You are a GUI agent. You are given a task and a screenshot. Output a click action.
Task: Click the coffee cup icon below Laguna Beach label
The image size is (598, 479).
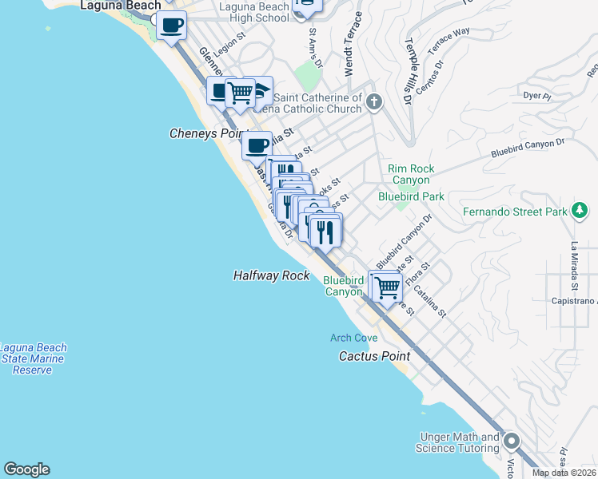coord(171,26)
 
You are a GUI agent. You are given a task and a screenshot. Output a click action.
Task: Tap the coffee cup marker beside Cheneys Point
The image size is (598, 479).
coord(257,146)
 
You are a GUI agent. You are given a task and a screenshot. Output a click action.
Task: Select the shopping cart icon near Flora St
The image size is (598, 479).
coord(387,287)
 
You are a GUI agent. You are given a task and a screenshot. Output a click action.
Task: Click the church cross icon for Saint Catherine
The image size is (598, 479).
coord(375,101)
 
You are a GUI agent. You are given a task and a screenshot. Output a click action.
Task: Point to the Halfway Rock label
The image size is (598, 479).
coord(271,275)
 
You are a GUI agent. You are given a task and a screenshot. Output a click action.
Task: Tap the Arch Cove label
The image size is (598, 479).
coord(353,338)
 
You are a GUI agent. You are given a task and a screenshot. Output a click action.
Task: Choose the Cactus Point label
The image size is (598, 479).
coord(374,356)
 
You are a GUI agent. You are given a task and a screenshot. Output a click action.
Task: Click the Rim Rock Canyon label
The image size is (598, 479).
coord(410,174)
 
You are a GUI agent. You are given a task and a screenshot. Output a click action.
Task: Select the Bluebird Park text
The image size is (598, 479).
coord(411,196)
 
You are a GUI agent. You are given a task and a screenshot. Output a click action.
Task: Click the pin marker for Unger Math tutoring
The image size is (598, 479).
coord(511,441)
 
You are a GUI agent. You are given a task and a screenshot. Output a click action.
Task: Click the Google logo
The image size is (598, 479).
coord(26,469)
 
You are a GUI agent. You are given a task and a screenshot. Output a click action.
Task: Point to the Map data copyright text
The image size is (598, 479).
coord(563,473)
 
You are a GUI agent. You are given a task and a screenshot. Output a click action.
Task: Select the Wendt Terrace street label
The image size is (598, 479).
coord(349,45)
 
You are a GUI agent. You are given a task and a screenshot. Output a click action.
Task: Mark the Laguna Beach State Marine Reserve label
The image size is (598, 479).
coord(34,359)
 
